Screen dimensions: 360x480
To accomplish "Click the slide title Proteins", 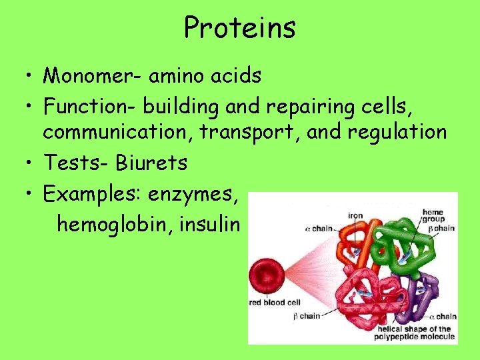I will [240, 28].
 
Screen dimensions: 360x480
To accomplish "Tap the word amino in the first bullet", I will [171, 76].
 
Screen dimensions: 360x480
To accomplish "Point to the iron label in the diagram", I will [355, 216].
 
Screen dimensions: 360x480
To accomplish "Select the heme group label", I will [433, 215].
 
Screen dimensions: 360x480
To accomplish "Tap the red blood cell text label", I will [275, 303].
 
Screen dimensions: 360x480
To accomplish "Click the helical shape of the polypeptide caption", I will [415, 333].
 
